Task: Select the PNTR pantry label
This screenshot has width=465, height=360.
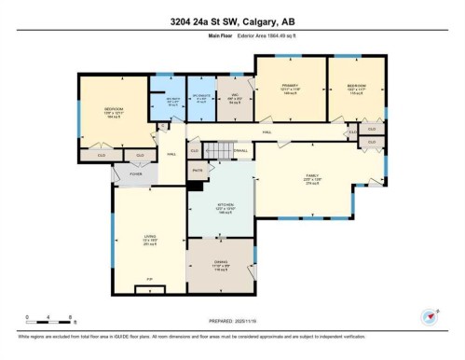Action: [x=198, y=171]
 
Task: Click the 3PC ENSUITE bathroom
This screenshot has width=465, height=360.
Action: [x=201, y=97]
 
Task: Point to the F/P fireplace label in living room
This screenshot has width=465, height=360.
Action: [x=148, y=279]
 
